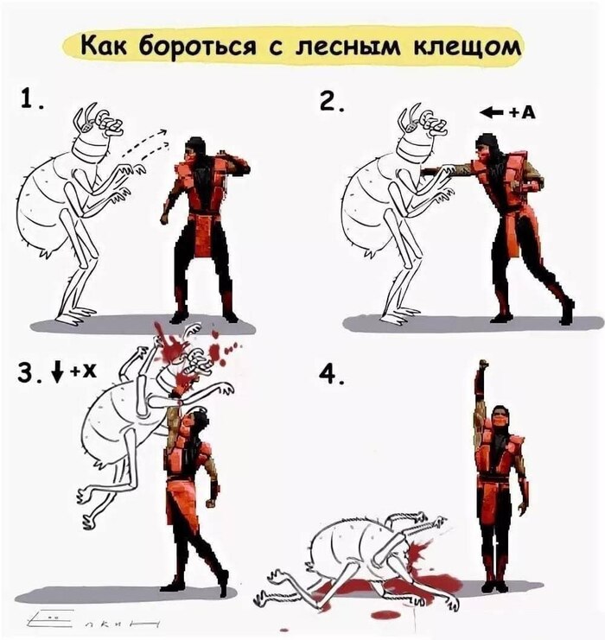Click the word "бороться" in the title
point(198,47)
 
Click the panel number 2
point(331,101)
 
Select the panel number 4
point(332,374)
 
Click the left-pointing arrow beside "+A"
point(493,112)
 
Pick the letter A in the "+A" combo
point(528,112)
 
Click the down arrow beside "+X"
point(58,371)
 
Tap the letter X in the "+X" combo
point(89,371)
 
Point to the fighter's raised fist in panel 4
point(483,364)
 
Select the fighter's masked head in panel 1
point(194,151)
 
